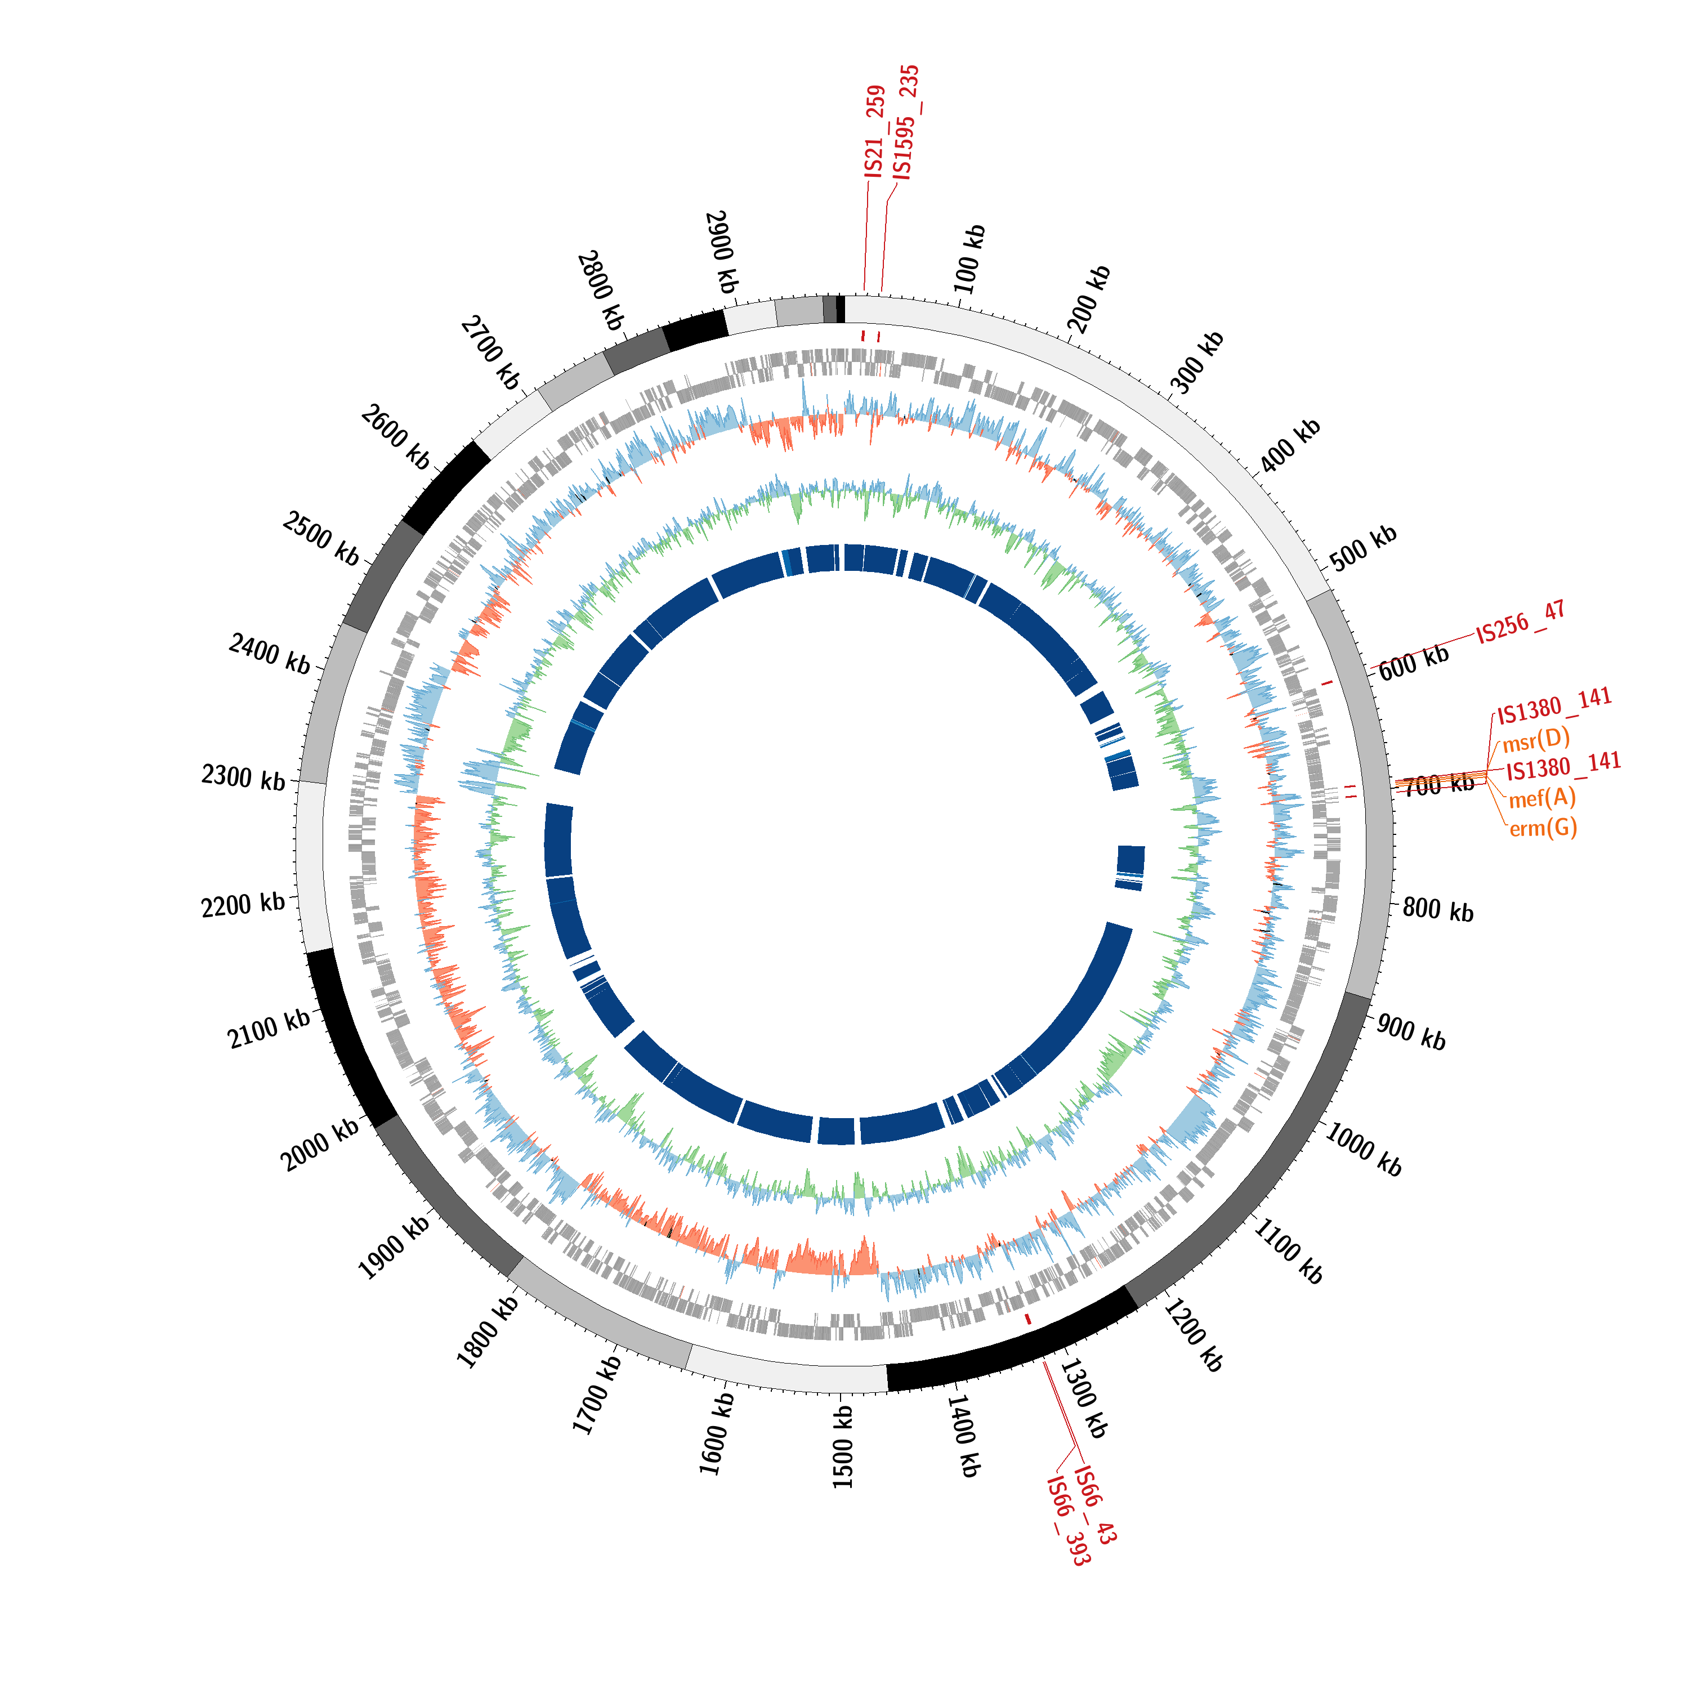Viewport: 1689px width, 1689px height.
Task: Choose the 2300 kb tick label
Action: pyautogui.click(x=243, y=776)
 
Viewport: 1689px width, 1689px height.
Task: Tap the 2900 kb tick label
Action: pyautogui.click(x=721, y=252)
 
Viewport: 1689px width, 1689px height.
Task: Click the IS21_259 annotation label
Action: pyautogui.click(x=875, y=132)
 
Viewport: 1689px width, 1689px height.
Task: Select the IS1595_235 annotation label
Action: pyautogui.click(x=906, y=122)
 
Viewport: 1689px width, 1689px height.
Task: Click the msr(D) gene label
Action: pyautogui.click(x=1536, y=740)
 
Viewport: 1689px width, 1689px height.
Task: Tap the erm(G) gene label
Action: pyautogui.click(x=1543, y=828)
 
